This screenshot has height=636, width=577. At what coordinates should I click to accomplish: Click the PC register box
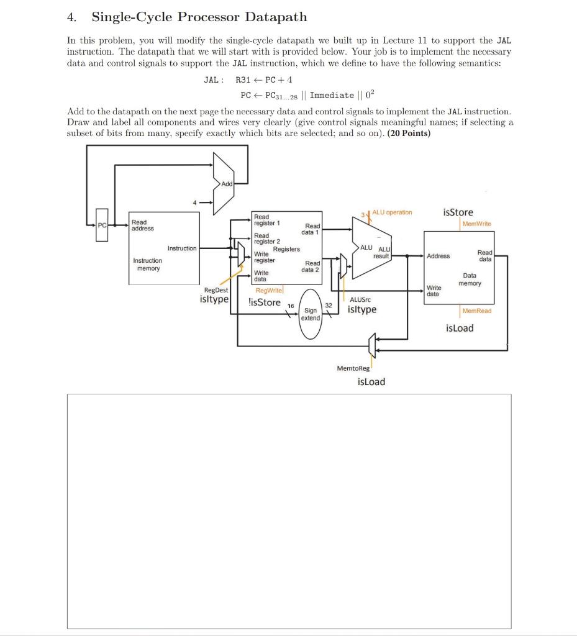(102, 225)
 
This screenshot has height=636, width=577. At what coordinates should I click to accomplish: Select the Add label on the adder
(227, 184)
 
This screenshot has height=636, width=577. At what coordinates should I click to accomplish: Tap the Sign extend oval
(310, 314)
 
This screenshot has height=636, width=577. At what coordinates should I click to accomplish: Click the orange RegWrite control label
(269, 290)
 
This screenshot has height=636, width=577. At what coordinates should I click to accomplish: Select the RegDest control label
(216, 290)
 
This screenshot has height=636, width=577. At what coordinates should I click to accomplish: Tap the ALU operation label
(392, 212)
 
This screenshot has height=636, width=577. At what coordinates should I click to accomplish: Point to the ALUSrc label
(360, 299)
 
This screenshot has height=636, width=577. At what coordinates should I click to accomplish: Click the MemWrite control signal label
(476, 224)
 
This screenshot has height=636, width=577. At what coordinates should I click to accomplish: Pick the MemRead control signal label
(476, 311)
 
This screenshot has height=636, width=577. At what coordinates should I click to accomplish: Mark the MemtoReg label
(353, 368)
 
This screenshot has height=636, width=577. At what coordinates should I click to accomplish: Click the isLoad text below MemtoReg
(371, 381)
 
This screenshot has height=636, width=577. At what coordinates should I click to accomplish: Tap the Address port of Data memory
(438, 256)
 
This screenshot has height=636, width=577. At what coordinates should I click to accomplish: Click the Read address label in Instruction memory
(142, 225)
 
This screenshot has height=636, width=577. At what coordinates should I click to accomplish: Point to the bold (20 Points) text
(409, 133)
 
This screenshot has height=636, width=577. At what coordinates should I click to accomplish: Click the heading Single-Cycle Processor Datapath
(199, 17)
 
